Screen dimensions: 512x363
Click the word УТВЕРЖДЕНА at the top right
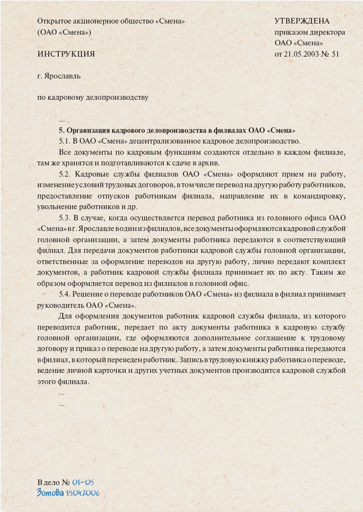302,21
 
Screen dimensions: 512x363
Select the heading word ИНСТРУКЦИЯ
66,54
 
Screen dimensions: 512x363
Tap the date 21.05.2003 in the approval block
302,54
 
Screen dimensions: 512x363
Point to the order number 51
336,54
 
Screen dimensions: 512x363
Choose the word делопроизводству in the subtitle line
117,96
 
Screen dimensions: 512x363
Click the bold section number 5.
61,130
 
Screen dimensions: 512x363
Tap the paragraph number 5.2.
64,173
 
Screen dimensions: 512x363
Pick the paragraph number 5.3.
64,217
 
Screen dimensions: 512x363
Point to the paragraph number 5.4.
64,294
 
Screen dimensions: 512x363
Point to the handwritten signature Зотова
50,493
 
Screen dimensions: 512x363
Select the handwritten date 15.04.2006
82,493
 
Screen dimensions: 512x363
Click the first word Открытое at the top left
55,21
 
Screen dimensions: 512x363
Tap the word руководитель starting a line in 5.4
58,305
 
